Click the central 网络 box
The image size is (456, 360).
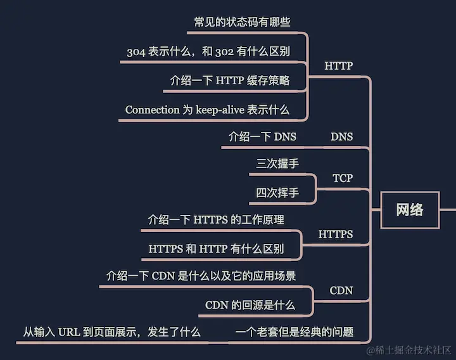410,210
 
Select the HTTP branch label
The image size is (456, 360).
338,65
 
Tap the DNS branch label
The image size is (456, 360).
341,136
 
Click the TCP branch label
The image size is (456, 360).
343,178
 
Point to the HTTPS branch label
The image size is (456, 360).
336,235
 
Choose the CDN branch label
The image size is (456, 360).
341,290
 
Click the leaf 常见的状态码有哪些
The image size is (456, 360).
242,22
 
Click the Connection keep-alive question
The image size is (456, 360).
207,110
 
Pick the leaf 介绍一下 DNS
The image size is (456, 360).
262,136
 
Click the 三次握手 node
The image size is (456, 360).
277,164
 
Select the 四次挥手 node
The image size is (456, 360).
277,193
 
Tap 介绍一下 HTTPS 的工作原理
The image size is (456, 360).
216,220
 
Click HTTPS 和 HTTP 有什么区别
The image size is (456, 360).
216,249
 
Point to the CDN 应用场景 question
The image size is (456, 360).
201,276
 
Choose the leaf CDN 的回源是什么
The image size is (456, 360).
250,305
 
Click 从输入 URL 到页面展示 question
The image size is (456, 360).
112,332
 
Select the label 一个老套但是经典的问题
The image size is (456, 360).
294,332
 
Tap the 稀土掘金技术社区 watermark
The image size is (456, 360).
408,349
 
